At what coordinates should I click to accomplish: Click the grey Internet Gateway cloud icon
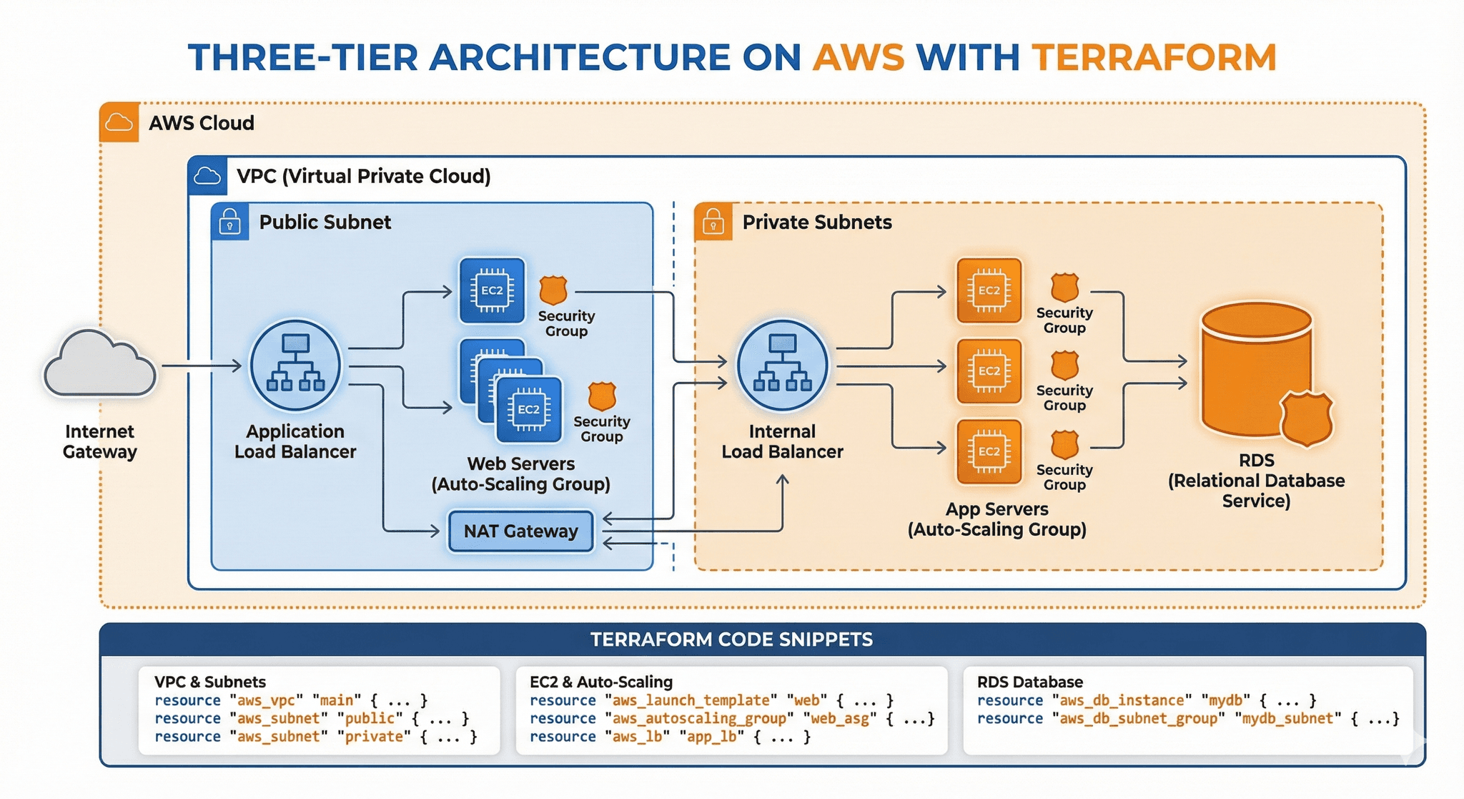pyautogui.click(x=100, y=365)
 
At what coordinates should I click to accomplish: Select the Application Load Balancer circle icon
pyautogui.click(x=295, y=366)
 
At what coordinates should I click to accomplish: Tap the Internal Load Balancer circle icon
pyautogui.click(x=782, y=366)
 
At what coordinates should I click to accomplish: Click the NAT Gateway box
pyautogui.click(x=520, y=531)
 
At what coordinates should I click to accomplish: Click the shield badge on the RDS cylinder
pyautogui.click(x=1306, y=418)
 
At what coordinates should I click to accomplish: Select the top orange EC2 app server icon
pyautogui.click(x=989, y=290)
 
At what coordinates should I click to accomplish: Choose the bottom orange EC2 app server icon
pyautogui.click(x=989, y=451)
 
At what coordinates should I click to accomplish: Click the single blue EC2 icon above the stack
pyautogui.click(x=492, y=290)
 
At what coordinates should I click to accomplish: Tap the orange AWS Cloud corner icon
pyautogui.click(x=119, y=122)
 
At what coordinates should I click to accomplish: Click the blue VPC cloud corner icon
pyautogui.click(x=207, y=176)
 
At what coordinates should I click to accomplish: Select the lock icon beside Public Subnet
pyautogui.click(x=229, y=222)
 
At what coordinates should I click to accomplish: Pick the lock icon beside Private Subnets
pyautogui.click(x=713, y=222)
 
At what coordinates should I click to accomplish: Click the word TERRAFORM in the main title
pyautogui.click(x=1154, y=58)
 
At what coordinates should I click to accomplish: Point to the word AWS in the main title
pyautogui.click(x=859, y=58)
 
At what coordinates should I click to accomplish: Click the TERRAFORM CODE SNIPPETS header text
pyautogui.click(x=731, y=639)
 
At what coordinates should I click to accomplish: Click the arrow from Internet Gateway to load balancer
pyautogui.click(x=202, y=366)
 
